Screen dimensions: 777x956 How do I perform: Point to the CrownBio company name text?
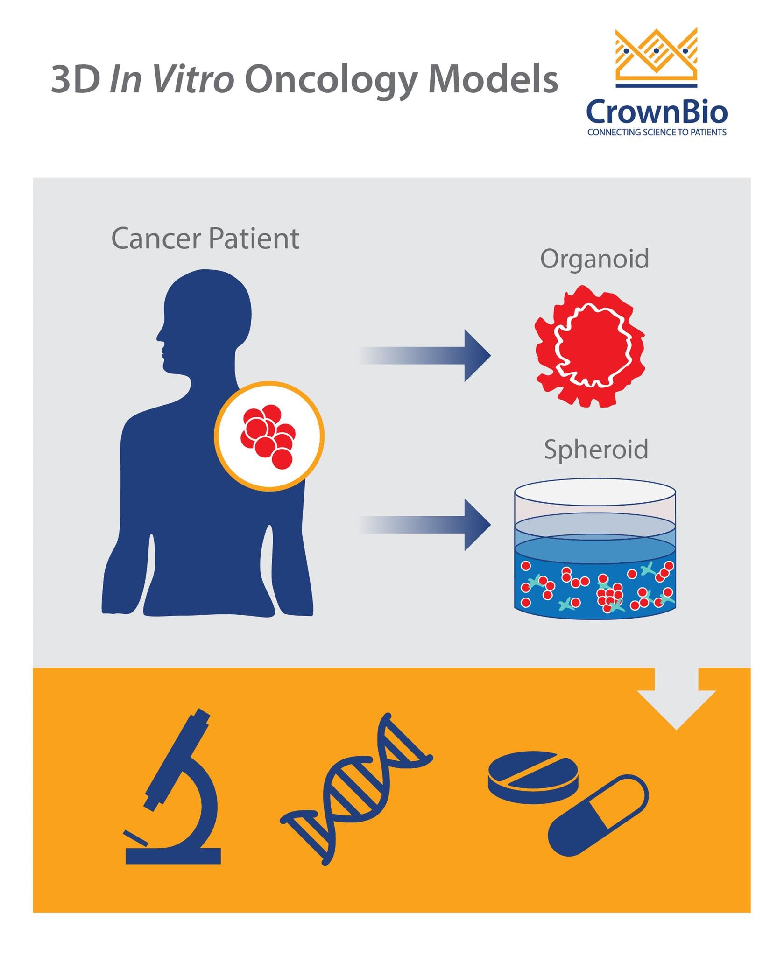click(657, 112)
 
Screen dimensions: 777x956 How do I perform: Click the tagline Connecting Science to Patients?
click(657, 133)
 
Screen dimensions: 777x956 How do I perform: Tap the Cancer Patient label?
click(205, 239)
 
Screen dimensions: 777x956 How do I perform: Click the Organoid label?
click(594, 259)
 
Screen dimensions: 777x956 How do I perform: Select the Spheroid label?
click(596, 450)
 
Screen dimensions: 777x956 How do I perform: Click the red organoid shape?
click(590, 346)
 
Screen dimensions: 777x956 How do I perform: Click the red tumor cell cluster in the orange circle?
click(268, 436)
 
